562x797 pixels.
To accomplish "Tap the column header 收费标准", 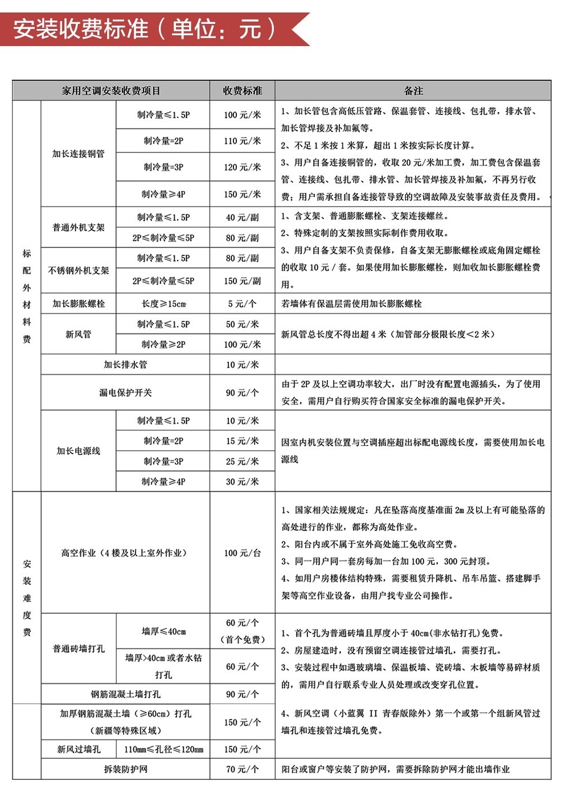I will click(243, 91).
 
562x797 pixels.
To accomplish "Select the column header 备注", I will click(413, 91).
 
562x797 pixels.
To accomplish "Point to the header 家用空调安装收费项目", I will click(111, 91).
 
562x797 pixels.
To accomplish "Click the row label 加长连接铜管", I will click(79, 154).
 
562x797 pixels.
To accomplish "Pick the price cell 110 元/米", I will click(243, 141).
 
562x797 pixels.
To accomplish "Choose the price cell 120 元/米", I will click(243, 167).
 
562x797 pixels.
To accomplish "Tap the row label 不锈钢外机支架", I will click(79, 271).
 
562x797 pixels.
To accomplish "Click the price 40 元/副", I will click(243, 217).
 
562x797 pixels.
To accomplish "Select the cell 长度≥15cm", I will click(163, 304).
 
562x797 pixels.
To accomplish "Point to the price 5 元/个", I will click(243, 304).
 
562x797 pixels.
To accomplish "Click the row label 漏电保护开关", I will click(125, 393).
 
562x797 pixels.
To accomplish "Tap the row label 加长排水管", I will click(125, 365).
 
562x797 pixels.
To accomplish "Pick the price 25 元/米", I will click(243, 461).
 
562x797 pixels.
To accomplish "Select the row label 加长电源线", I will click(79, 451).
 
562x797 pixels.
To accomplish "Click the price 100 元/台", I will click(243, 553).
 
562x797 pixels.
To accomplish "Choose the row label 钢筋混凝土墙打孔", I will click(125, 694).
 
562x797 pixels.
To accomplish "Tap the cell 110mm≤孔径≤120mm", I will click(163, 749).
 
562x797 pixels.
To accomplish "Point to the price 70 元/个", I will click(243, 769).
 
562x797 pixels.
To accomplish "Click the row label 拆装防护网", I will click(125, 769).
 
